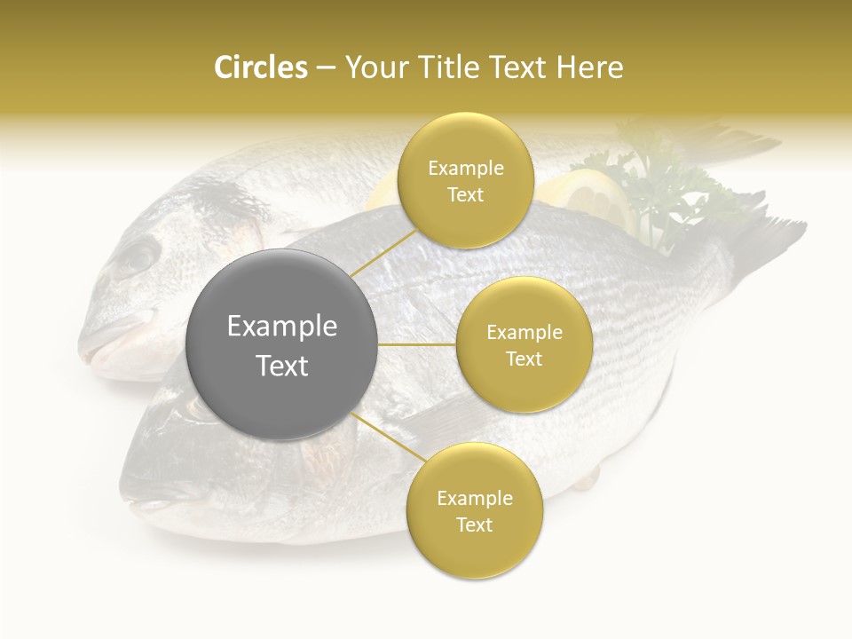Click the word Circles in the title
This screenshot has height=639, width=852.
[x=260, y=67]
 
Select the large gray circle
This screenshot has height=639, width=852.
[x=281, y=344]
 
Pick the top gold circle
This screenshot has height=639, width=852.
[x=464, y=181]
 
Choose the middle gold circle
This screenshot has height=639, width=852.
[x=524, y=344]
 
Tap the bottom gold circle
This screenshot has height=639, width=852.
[x=474, y=511]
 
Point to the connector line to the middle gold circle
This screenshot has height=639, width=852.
[x=417, y=344]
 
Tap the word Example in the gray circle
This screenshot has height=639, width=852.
[x=281, y=327]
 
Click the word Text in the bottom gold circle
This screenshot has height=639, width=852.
[x=474, y=525]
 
